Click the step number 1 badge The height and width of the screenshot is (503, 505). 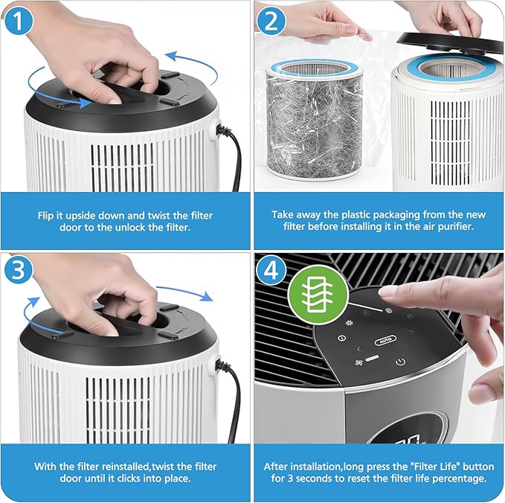pyautogui.click(x=18, y=21)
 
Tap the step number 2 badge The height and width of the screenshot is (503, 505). pyautogui.click(x=271, y=21)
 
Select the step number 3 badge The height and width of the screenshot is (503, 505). pyautogui.click(x=18, y=269)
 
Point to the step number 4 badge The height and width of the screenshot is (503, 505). pyautogui.click(x=271, y=270)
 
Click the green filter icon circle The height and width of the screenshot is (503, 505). pyautogui.click(x=318, y=295)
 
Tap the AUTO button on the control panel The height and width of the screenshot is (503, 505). pyautogui.click(x=385, y=340)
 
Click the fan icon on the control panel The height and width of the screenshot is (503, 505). pyautogui.click(x=358, y=363)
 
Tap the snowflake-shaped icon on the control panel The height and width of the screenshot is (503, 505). pyautogui.click(x=349, y=322)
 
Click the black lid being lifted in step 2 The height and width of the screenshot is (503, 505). pyautogui.click(x=451, y=42)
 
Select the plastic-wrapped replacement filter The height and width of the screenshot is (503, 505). pyautogui.click(x=315, y=118)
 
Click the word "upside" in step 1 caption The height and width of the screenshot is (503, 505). pyautogui.click(x=81, y=215)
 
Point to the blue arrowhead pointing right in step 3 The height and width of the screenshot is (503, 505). pyautogui.click(x=207, y=297)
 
